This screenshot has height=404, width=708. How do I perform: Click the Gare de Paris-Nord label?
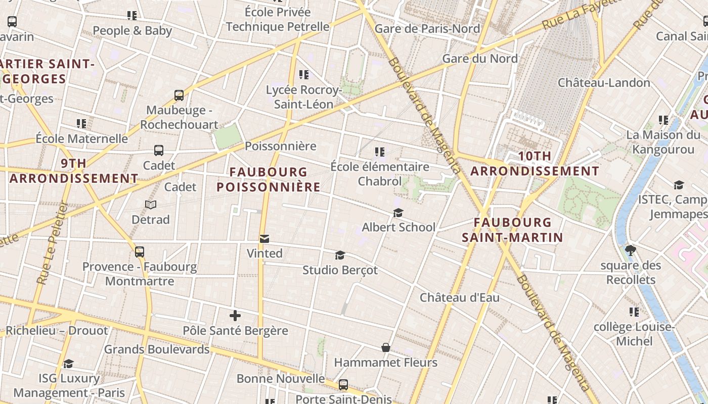pyautogui.click(x=427, y=29)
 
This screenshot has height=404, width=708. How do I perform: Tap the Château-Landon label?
pyautogui.click(x=604, y=82)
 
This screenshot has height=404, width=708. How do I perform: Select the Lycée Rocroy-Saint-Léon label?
pyautogui.click(x=303, y=97)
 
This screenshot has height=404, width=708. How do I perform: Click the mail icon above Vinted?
pyautogui.click(x=264, y=239)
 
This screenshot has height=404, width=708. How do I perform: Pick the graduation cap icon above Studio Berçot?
pyautogui.click(x=340, y=256)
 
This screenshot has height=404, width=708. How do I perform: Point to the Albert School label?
pyautogui.click(x=399, y=227)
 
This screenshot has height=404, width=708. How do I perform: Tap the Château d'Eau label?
pyautogui.click(x=460, y=297)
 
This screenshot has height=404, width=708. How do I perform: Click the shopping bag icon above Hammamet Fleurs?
pyautogui.click(x=386, y=347)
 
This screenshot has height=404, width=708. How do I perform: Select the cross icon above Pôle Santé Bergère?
pyautogui.click(x=235, y=316)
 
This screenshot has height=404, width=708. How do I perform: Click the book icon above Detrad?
pyautogui.click(x=151, y=205)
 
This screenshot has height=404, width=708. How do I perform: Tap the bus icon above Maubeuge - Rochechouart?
pyautogui.click(x=179, y=95)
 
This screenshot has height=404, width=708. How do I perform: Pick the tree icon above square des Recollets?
pyautogui.click(x=631, y=250)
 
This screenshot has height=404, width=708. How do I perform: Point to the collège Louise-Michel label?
pyautogui.click(x=634, y=334)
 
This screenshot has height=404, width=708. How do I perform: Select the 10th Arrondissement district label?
pyautogui.click(x=535, y=164)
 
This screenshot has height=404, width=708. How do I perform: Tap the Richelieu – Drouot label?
pyautogui.click(x=57, y=331)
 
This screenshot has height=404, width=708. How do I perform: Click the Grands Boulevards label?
pyautogui.click(x=157, y=349)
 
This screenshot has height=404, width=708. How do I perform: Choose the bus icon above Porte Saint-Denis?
pyautogui.click(x=343, y=385)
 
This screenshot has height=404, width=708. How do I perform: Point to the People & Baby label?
pyautogui.click(x=132, y=30)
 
